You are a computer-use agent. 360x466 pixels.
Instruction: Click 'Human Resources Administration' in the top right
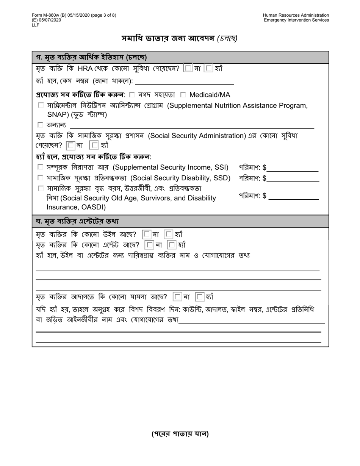click(x=296, y=15)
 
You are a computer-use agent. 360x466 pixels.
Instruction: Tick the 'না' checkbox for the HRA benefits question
click(x=188, y=69)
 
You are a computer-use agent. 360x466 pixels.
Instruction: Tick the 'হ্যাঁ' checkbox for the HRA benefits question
click(x=208, y=69)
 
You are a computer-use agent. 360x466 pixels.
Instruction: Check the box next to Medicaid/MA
click(x=183, y=95)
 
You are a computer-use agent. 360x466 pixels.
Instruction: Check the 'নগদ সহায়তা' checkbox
click(x=132, y=95)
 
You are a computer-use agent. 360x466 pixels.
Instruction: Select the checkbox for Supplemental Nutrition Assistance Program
click(x=41, y=106)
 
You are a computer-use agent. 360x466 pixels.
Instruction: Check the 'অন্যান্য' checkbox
click(x=41, y=125)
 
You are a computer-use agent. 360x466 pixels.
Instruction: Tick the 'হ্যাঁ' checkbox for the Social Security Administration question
click(x=94, y=145)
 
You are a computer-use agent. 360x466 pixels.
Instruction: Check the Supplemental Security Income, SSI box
click(x=41, y=167)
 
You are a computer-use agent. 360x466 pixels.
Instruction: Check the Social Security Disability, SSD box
click(x=41, y=178)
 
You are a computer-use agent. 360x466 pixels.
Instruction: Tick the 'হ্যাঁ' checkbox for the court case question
click(x=200, y=296)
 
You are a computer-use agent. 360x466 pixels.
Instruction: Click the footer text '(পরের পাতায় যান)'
click(x=180, y=434)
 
